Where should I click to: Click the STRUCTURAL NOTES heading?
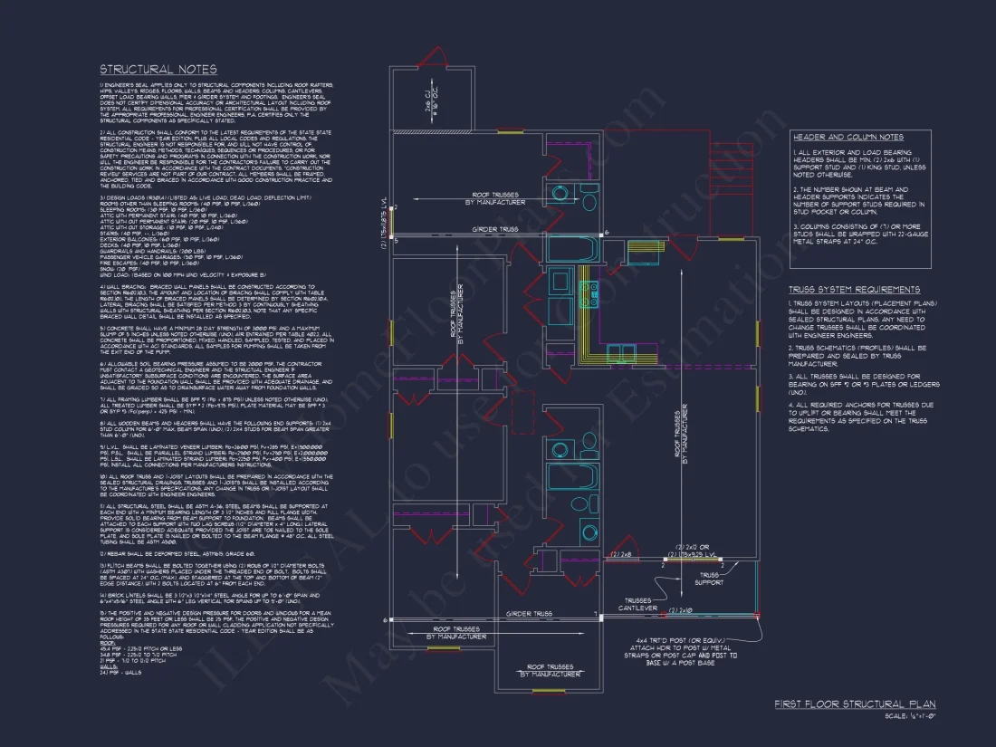158,70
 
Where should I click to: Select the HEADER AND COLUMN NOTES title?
847,137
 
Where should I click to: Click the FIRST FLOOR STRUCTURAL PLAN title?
855,704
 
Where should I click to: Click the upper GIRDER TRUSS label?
496,230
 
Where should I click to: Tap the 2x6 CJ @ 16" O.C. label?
431,98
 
